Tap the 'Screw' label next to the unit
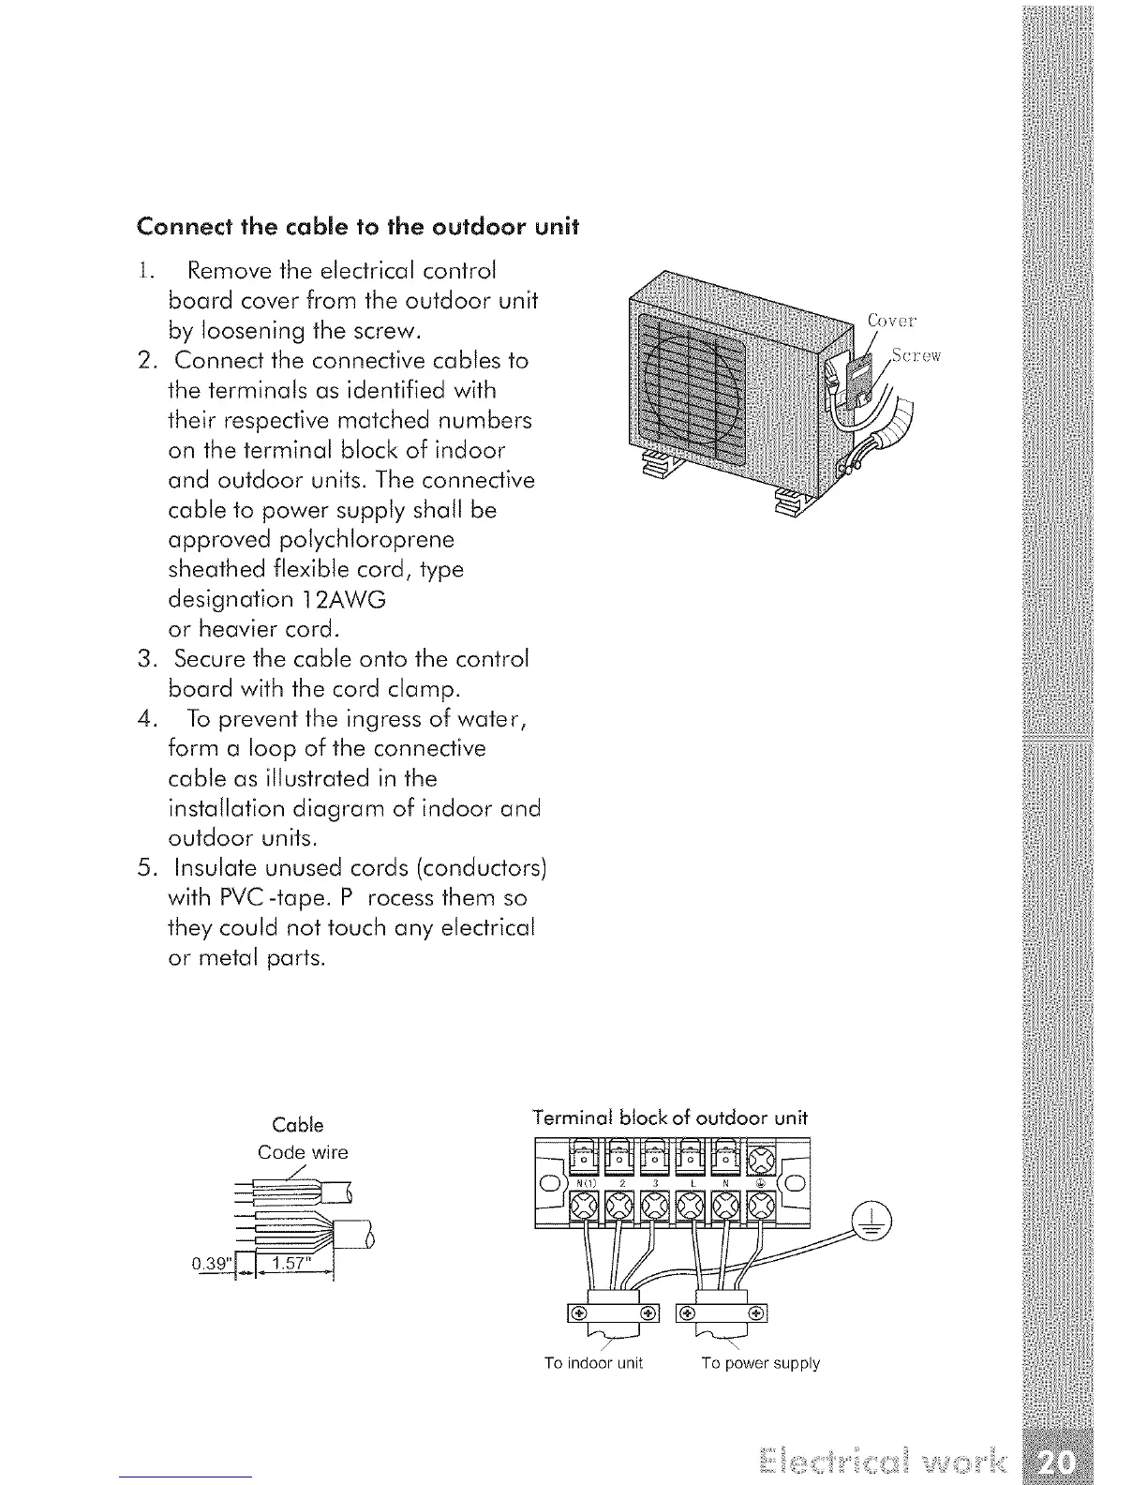point(916,355)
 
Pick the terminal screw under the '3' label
point(657,1205)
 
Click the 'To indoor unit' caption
point(593,1363)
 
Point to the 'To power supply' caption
point(760,1363)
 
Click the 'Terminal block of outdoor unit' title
point(669,1117)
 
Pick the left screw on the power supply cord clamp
point(687,1312)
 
